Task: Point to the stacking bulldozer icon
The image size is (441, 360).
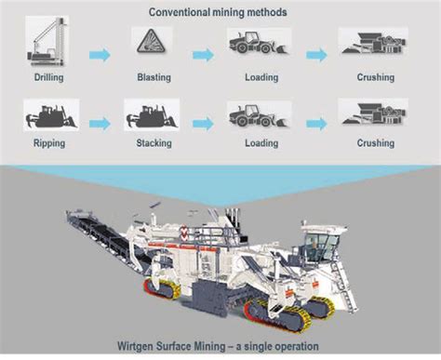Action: click(152, 116)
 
